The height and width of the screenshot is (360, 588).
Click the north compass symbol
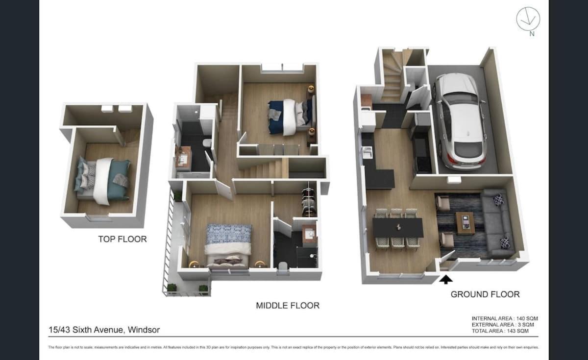tap(528, 20)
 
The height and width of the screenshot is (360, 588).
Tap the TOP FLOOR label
tap(122, 239)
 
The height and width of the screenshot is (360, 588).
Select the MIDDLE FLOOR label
tap(288, 306)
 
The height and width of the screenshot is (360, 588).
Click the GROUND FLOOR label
tap(485, 294)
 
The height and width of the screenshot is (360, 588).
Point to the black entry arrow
tap(446, 280)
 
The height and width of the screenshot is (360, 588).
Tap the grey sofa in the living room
tap(497, 223)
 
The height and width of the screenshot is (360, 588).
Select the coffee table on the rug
tap(465, 223)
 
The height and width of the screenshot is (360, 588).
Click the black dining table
tap(398, 227)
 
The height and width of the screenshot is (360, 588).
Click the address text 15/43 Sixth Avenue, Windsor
tap(104, 330)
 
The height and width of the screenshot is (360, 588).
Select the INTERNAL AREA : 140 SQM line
tap(504, 318)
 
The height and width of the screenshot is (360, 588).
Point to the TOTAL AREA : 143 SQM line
tap(500, 331)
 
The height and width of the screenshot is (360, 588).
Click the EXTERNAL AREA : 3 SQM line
tap(503, 325)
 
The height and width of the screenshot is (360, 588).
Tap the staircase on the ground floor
tap(392, 78)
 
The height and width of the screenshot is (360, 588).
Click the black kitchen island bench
tap(380, 179)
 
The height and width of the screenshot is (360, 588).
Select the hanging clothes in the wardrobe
tap(308, 200)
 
